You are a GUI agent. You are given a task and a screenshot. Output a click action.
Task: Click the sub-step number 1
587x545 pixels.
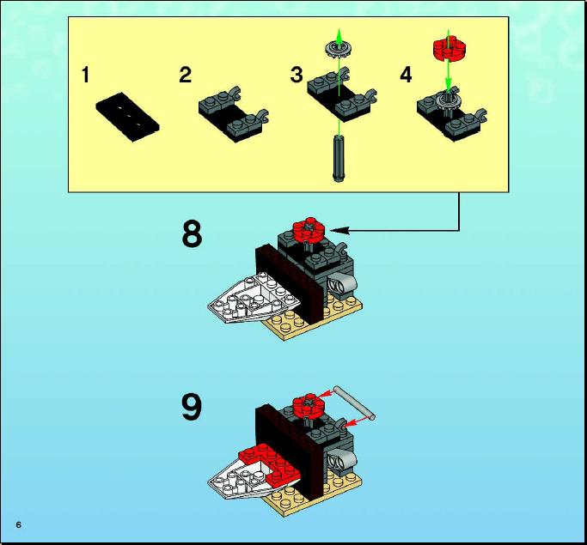86,75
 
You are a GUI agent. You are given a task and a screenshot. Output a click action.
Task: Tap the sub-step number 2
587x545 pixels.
186,75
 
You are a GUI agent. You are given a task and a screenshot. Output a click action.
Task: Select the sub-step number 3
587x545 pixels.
297,75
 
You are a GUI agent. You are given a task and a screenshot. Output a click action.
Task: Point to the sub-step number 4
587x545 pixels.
407,75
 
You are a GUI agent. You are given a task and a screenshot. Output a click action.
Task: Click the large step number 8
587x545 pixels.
192,233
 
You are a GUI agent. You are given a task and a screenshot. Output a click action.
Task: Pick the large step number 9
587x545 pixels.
192,407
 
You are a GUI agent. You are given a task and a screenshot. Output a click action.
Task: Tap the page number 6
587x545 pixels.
18,524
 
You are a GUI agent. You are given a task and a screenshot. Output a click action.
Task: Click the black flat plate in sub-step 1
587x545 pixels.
128,117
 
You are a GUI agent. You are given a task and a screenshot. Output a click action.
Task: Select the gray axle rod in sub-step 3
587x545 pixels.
339,158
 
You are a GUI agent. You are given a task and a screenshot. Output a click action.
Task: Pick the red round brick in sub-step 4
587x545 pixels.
449,47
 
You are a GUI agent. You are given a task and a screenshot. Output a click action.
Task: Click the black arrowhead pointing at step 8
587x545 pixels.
339,231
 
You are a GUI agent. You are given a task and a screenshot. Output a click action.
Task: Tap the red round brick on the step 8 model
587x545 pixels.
309,228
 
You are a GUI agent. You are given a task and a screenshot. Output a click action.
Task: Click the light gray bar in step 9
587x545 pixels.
354,403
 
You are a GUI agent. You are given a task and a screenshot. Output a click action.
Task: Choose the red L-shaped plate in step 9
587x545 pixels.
271,463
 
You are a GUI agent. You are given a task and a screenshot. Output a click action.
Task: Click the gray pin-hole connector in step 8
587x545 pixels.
341,283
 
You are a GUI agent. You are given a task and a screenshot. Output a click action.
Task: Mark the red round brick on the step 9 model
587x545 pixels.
309,404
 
